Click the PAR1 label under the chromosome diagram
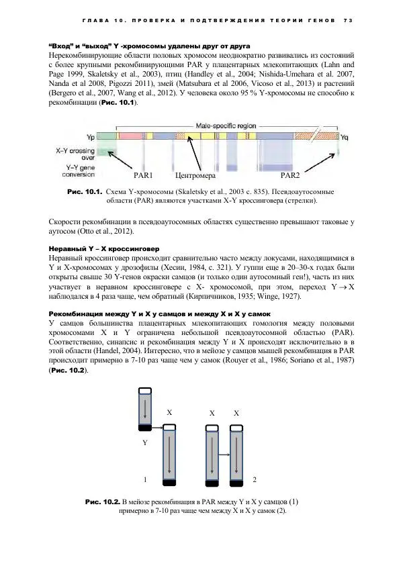pyautogui.click(x=143, y=176)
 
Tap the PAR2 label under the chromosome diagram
pyautogui.click(x=289, y=176)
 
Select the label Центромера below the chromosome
pyautogui.click(x=194, y=176)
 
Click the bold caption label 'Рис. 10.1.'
pyautogui.click(x=85, y=191)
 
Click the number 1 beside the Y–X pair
pyautogui.click(x=144, y=479)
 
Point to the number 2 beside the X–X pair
pyautogui.click(x=253, y=479)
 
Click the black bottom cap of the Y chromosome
pyautogui.click(x=145, y=427)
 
